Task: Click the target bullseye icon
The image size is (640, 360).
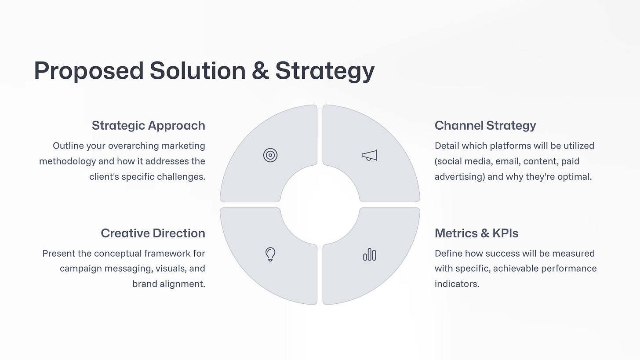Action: pos(270,155)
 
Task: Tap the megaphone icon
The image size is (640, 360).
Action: pos(370,155)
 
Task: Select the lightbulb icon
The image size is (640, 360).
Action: pos(270,254)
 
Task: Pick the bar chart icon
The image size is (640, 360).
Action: pos(370,255)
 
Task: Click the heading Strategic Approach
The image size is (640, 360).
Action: pos(148,125)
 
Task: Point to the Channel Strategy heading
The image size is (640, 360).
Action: pos(485,125)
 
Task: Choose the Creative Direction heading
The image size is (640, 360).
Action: pos(153,233)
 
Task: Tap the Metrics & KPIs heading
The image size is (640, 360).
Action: pos(476,233)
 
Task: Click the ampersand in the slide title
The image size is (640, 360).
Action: pos(260,70)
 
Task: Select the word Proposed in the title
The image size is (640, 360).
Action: pos(88,70)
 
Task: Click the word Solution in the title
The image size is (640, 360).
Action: pos(197,70)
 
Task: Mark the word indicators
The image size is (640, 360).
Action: pos(456,284)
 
